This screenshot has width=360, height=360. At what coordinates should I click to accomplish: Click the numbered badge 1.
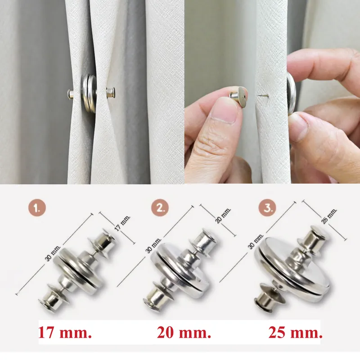(37, 208)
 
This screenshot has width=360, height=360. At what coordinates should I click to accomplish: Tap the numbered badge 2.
(160, 208)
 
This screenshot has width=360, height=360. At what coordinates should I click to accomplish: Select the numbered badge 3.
(267, 208)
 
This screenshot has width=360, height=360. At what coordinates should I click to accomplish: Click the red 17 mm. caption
(65, 333)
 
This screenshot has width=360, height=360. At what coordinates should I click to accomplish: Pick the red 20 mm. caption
(184, 333)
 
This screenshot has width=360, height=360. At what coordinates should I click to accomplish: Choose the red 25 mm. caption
(296, 333)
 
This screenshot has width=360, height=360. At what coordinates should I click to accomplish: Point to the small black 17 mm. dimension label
(122, 223)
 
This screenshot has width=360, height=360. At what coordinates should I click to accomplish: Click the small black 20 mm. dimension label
(223, 216)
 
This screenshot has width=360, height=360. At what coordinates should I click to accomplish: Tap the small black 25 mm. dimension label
(329, 216)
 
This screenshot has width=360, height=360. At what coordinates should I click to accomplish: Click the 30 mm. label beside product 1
(53, 253)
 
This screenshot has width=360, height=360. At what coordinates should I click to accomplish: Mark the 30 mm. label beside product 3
(256, 241)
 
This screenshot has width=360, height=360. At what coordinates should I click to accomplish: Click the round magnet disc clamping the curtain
(90, 93)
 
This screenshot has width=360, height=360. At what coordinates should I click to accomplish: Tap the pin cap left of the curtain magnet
(71, 94)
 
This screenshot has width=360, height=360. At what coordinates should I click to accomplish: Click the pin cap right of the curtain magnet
(111, 93)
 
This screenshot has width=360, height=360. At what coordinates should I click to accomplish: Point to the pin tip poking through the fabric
(261, 95)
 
